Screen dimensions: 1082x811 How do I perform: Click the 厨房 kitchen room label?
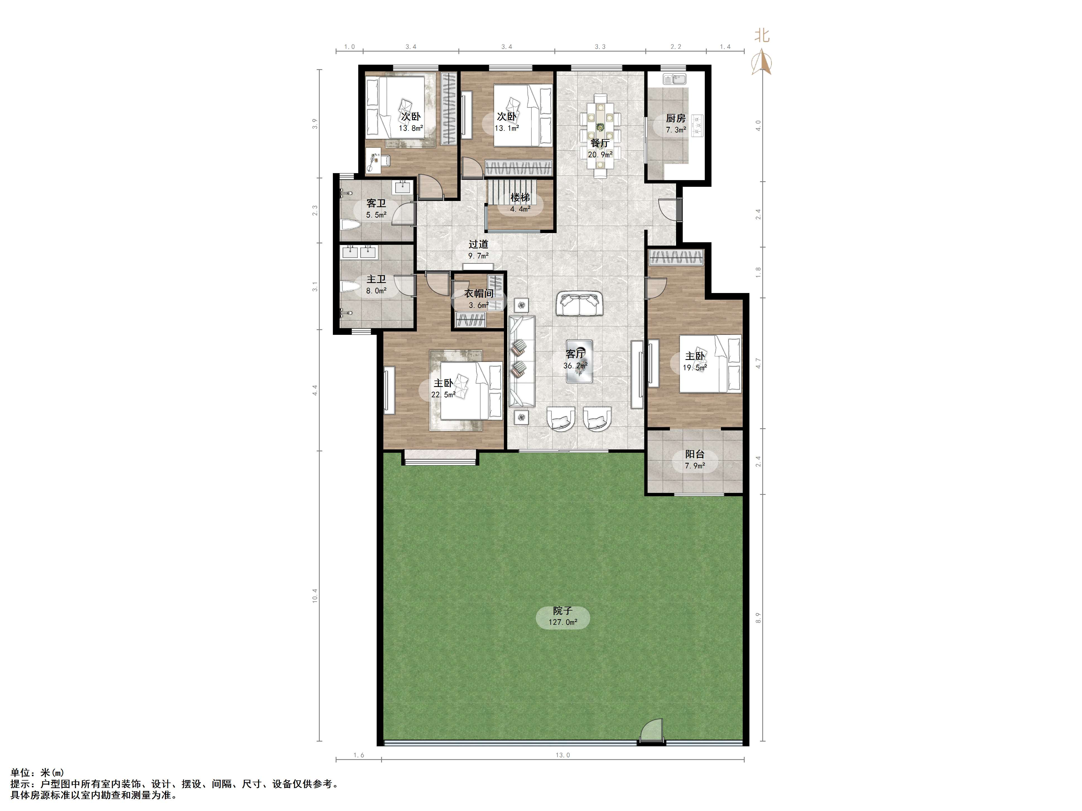click(675, 118)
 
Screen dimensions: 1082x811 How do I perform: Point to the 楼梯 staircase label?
click(520, 197)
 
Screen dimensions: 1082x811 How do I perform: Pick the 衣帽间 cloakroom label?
click(479, 293)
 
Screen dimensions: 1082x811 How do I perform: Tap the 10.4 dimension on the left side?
click(315, 595)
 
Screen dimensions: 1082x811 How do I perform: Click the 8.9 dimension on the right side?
click(758, 618)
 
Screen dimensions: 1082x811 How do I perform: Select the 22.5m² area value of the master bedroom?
click(443, 394)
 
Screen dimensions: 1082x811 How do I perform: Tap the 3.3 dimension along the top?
click(600, 47)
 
